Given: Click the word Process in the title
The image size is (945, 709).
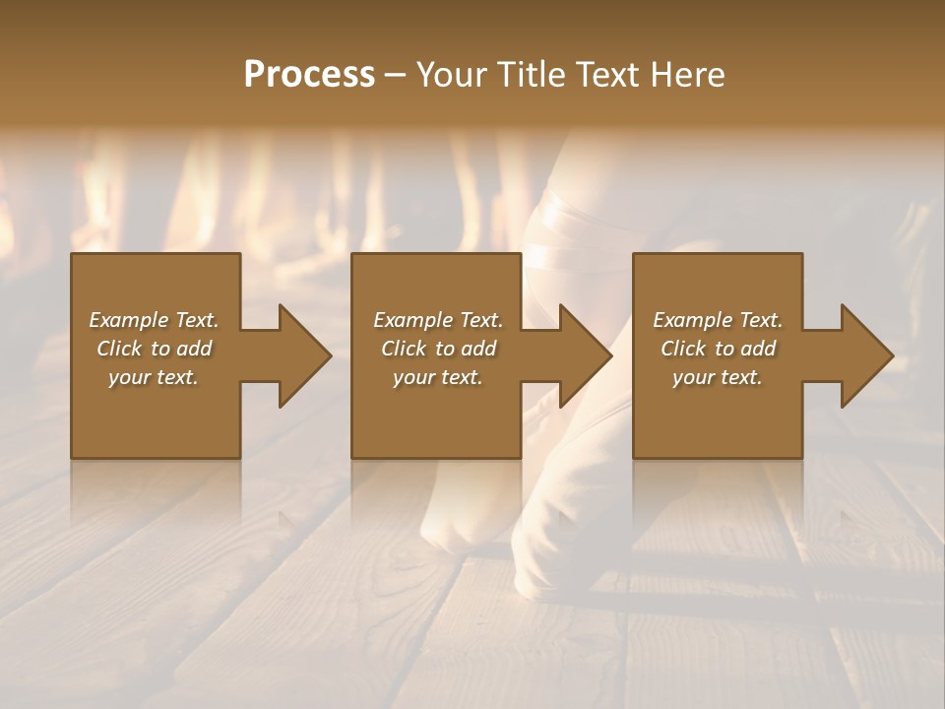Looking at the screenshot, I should tap(309, 75).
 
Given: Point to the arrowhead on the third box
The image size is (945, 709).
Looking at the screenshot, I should tap(866, 355).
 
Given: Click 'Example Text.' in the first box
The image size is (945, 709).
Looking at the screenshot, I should tap(154, 320).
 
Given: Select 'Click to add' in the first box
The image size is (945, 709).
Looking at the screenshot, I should tap(154, 349).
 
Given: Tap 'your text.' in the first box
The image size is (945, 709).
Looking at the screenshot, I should tap(154, 377).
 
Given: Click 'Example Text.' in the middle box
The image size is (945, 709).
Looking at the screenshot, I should tap(437, 320).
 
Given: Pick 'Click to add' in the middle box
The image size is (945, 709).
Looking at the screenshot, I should tap(437, 349).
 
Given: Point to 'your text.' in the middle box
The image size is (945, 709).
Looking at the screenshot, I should tap(437, 377).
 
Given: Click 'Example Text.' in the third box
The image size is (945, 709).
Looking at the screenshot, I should tap(718, 320).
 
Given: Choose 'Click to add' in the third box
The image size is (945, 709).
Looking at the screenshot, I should tap(718, 349).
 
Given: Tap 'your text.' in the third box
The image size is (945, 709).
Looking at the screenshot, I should tap(718, 377).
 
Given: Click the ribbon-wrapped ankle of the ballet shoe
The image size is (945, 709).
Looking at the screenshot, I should tap(556, 226).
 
